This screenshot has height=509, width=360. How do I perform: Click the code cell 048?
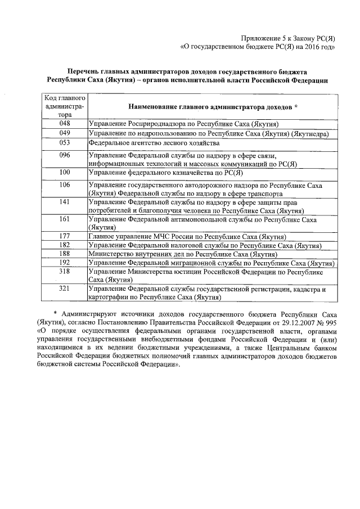65,123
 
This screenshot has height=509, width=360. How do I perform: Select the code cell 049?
65,133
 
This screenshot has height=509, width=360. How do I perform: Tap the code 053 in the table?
65,143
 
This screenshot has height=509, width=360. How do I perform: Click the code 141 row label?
65,201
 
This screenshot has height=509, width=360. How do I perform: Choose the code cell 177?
65,237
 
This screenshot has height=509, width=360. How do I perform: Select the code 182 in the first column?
65,246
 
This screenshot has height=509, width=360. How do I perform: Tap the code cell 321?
65,289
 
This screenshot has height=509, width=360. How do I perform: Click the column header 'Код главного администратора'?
65,106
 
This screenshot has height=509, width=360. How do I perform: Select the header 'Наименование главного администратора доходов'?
213,106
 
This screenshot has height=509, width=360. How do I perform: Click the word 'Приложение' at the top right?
260,37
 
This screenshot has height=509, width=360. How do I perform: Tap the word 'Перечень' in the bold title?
82,72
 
